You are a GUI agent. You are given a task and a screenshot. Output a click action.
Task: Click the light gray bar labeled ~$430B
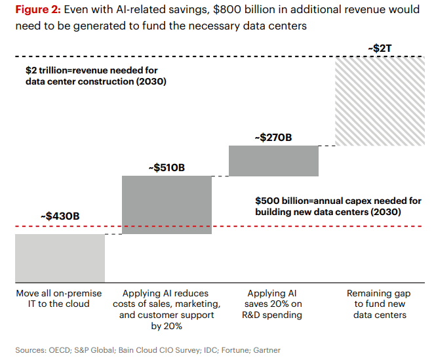point(60,258)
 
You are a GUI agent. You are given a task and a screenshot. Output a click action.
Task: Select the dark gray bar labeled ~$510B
point(167,205)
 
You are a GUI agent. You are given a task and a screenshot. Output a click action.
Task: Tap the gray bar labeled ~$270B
point(274,161)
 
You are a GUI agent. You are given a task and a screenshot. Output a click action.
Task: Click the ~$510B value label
point(167,168)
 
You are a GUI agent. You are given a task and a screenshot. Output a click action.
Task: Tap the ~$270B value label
point(273,138)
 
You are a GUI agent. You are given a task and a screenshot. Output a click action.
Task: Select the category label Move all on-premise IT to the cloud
point(60,298)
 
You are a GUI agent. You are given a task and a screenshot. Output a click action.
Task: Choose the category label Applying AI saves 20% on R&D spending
point(274,304)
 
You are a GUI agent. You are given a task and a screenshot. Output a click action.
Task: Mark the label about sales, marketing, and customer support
point(167,310)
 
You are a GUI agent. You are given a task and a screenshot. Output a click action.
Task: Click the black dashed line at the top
point(197,58)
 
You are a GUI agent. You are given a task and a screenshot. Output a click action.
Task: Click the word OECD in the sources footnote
point(58,350)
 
